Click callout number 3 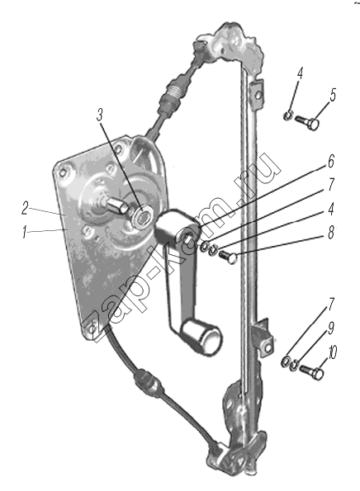(100, 116)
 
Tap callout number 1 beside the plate (25, 232)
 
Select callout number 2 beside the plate (25, 208)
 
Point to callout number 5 (333, 95)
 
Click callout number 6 (331, 161)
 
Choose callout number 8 (331, 232)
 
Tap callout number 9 (331, 328)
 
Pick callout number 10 (333, 352)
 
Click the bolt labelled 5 (308, 122)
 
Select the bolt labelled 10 (312, 371)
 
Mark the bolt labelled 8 (228, 256)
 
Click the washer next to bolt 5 (288, 116)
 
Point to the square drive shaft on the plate (116, 204)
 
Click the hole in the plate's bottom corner (92, 329)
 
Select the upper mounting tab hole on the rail (258, 94)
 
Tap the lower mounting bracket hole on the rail (268, 348)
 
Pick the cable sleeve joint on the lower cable (149, 382)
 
